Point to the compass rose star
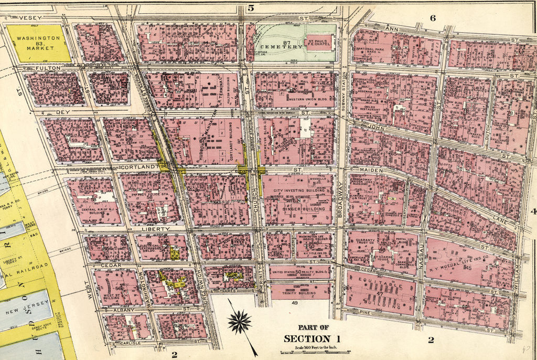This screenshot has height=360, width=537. [239, 322]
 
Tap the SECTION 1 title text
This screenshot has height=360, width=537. [312, 338]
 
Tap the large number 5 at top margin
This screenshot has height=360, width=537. [251, 7]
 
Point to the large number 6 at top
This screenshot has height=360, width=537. [433, 18]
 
